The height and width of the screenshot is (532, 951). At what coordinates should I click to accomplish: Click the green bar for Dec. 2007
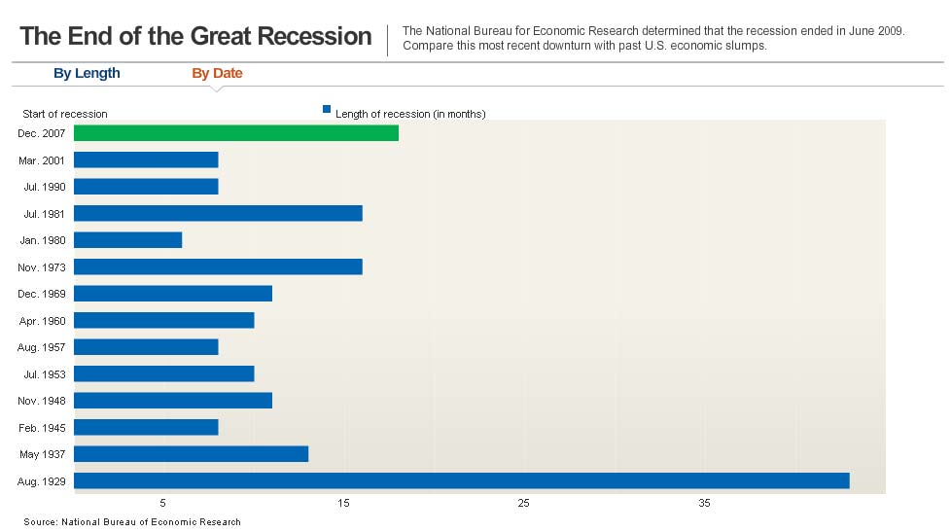click(x=236, y=133)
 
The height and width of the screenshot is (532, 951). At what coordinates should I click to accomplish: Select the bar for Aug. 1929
click(x=462, y=480)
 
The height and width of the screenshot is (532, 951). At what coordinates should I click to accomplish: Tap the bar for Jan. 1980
click(x=128, y=239)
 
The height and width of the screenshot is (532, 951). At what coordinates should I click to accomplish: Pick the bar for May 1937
click(x=191, y=454)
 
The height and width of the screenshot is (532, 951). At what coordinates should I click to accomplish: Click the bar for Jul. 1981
click(x=219, y=213)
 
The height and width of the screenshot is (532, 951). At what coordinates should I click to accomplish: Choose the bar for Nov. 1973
click(x=219, y=266)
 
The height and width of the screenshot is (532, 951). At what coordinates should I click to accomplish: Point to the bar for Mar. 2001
click(x=146, y=160)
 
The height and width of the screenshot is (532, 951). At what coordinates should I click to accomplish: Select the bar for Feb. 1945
click(x=146, y=427)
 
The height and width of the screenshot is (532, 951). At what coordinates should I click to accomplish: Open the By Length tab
click(x=87, y=73)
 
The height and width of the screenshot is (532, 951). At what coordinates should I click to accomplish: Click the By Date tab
click(x=217, y=73)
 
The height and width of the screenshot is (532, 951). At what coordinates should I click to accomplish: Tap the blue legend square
click(x=327, y=109)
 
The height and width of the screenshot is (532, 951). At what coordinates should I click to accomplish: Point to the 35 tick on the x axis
click(x=704, y=503)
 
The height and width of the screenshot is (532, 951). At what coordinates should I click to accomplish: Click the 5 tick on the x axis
click(x=162, y=503)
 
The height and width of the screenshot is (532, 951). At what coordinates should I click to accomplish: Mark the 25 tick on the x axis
click(x=523, y=503)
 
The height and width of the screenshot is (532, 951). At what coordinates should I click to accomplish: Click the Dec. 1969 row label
click(x=41, y=294)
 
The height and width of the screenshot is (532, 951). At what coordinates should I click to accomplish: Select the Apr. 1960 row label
click(x=43, y=321)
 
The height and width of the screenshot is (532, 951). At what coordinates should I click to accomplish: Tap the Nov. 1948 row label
click(x=41, y=401)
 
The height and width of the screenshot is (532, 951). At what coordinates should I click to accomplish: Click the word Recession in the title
click(x=314, y=36)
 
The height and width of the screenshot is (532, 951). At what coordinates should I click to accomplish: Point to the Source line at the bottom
click(x=132, y=521)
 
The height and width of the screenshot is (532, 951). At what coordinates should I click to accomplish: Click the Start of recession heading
click(x=65, y=114)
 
